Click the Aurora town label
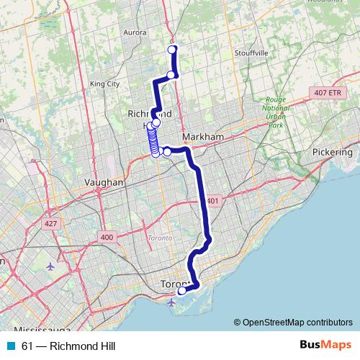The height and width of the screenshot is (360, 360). [x=136, y=32]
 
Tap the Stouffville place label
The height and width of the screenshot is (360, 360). [x=251, y=53]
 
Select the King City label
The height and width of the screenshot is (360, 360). [x=104, y=84]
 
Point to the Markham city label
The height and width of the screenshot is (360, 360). [x=204, y=137]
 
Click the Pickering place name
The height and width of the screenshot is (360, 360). [x=333, y=153]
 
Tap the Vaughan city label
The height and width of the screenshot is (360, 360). [x=104, y=183]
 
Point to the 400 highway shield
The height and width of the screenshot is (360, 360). [x=107, y=237]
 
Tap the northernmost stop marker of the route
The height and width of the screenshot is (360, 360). [x=172, y=49]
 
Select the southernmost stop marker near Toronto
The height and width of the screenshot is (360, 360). [x=182, y=291]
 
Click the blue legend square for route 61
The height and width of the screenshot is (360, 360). [x=11, y=346]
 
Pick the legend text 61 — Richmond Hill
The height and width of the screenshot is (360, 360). [x=68, y=346]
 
